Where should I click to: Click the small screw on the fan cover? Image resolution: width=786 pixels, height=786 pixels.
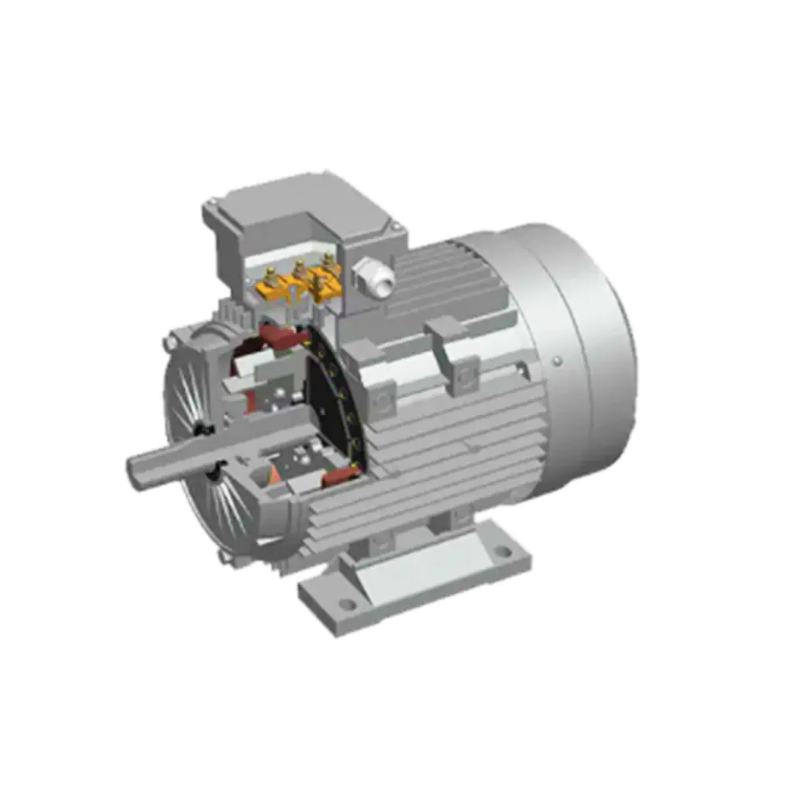pos(556,361)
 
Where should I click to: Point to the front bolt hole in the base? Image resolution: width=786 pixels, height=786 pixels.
pos(346,604)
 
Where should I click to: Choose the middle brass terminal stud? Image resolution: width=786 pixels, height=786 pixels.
pos(299,269)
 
